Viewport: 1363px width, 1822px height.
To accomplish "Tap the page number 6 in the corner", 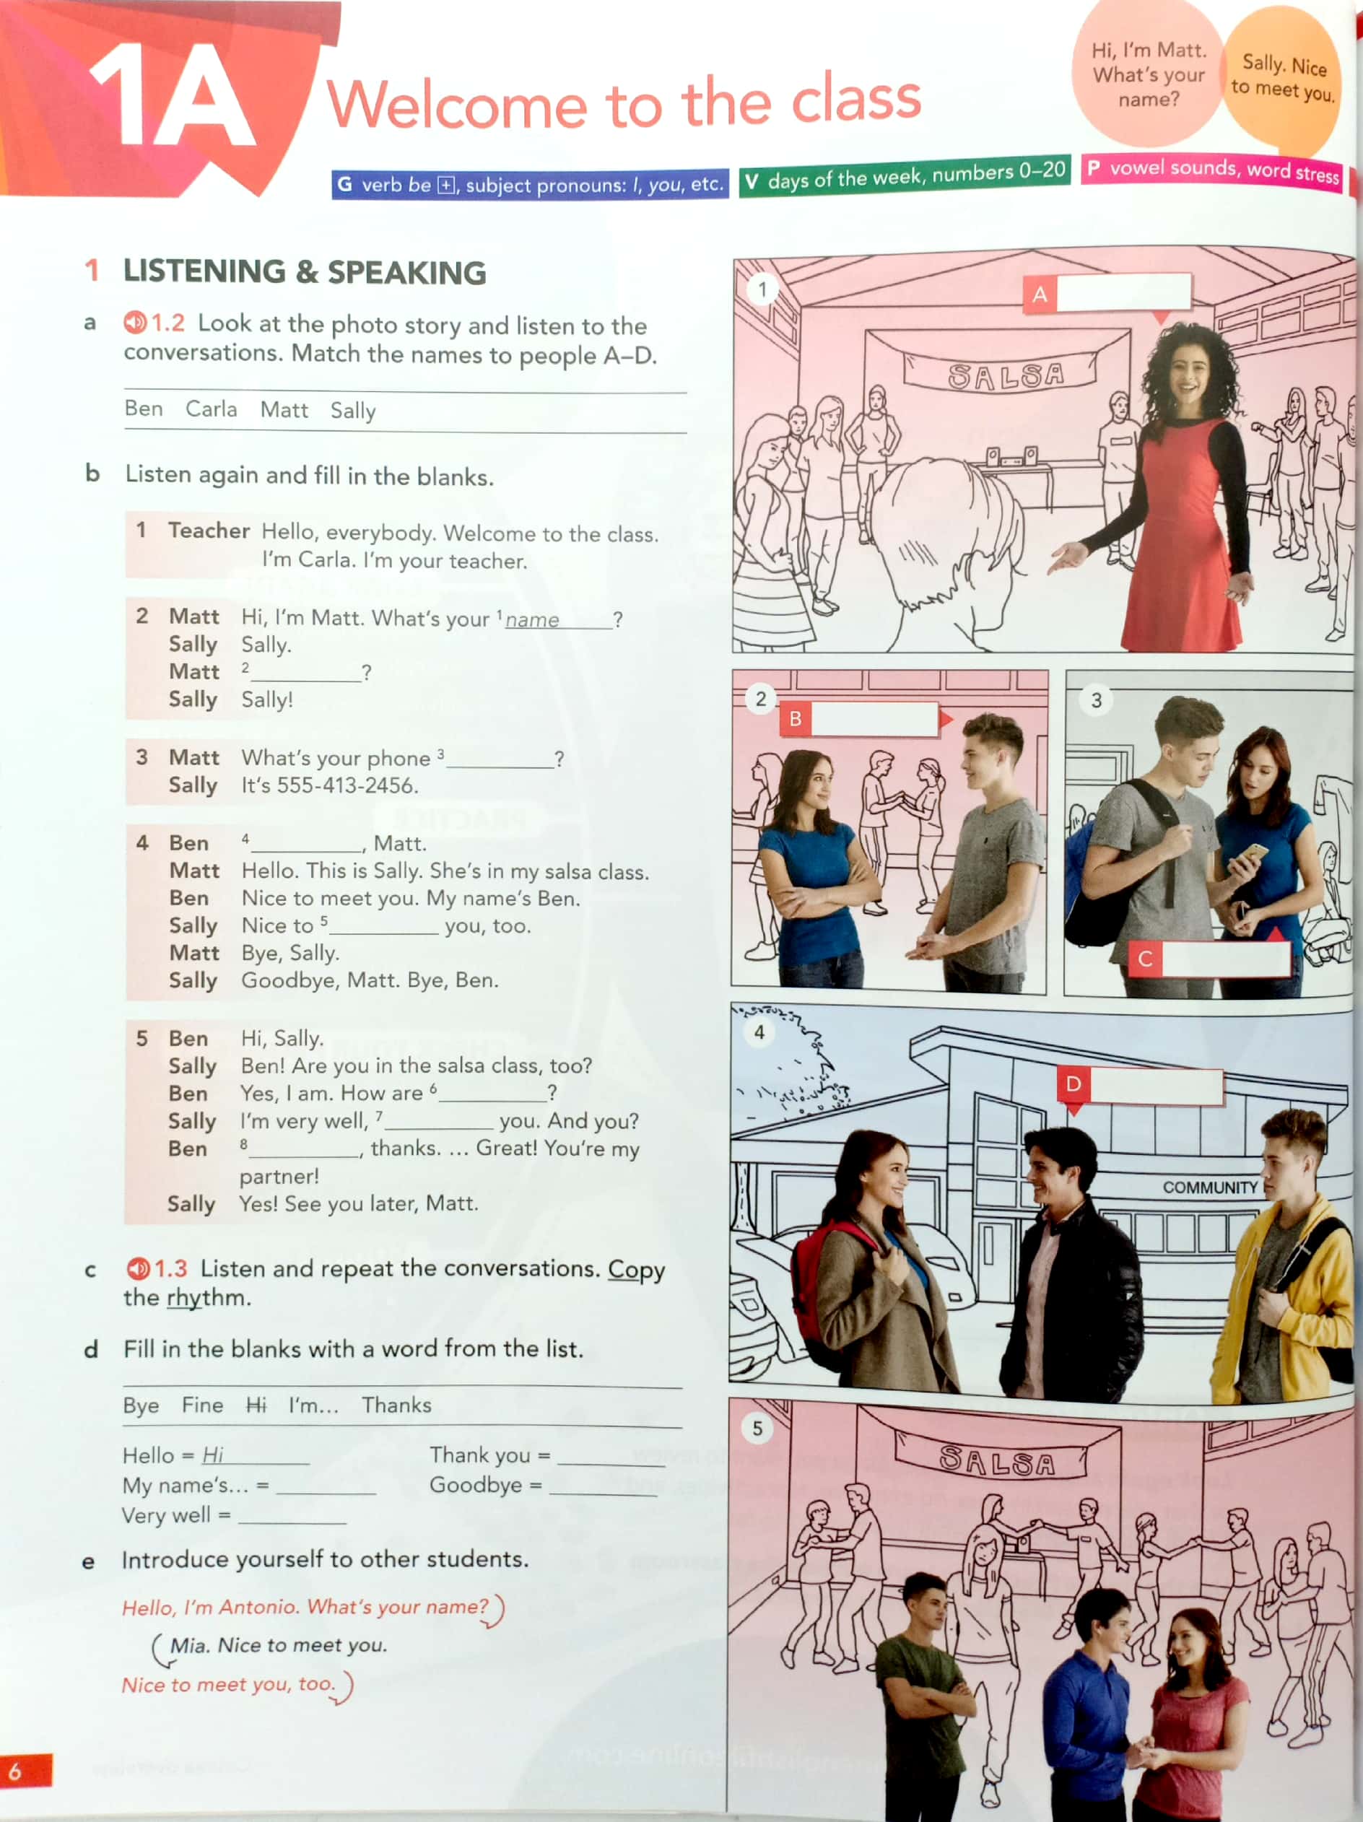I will pyautogui.click(x=15, y=1770).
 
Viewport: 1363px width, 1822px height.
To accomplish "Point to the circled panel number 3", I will pyautogui.click(x=1095, y=700).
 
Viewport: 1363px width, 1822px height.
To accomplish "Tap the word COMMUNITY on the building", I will pyautogui.click(x=1209, y=1187).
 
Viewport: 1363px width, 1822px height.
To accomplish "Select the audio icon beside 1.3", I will pyautogui.click(x=138, y=1268).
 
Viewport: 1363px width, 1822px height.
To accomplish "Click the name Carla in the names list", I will pyautogui.click(x=211, y=409).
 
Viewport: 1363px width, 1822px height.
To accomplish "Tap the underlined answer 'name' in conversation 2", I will pyautogui.click(x=532, y=620).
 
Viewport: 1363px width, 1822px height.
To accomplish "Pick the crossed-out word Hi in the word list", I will pyautogui.click(x=256, y=1405).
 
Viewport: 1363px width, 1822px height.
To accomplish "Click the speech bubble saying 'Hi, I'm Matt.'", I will pyautogui.click(x=1148, y=74).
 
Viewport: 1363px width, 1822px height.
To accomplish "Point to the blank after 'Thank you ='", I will pyautogui.click(x=610, y=1457).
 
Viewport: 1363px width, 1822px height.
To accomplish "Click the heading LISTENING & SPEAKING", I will pyautogui.click(x=304, y=272).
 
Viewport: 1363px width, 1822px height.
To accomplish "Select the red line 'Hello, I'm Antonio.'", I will pyautogui.click(x=305, y=1607).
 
